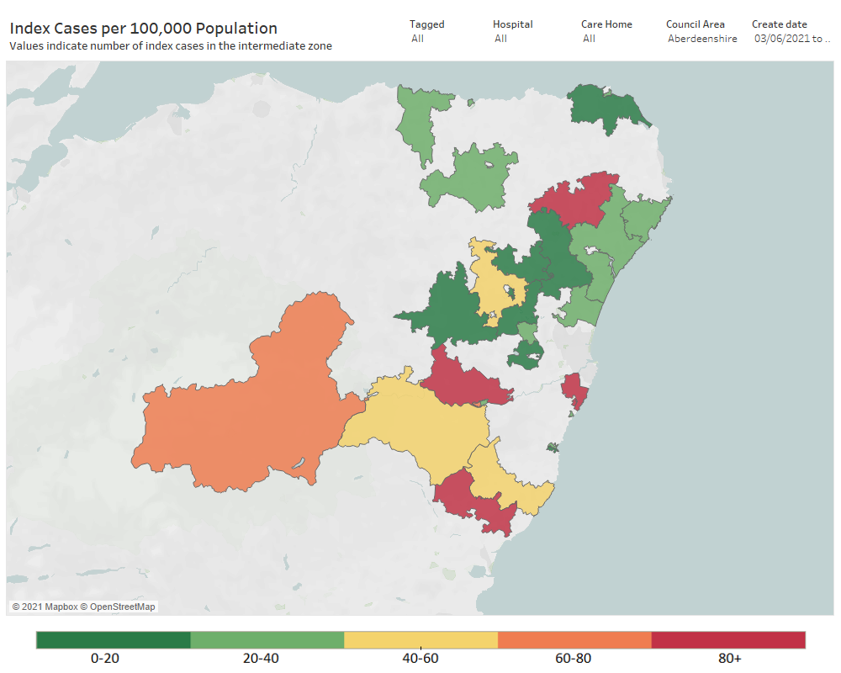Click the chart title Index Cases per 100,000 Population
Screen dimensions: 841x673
coord(144,29)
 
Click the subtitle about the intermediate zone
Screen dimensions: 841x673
coord(171,46)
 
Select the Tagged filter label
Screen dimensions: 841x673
coord(427,24)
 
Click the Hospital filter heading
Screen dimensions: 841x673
coord(513,24)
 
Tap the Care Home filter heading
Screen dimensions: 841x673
coord(606,24)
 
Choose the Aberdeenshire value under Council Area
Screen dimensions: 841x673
coord(702,39)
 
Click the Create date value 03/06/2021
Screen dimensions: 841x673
coord(781,39)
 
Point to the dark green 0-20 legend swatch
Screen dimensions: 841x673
coord(114,639)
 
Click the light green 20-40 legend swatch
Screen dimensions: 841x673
coord(267,639)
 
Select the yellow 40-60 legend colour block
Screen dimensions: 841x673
coord(421,639)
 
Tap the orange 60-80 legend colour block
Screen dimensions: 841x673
coord(575,639)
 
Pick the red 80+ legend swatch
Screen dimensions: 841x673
coord(728,639)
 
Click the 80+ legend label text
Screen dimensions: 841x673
coord(729,659)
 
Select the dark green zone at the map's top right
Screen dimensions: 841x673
coord(606,108)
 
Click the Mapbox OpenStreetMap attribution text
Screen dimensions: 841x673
coord(83,607)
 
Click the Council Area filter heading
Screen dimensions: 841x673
coord(696,24)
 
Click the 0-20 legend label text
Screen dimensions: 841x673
coord(105,659)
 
